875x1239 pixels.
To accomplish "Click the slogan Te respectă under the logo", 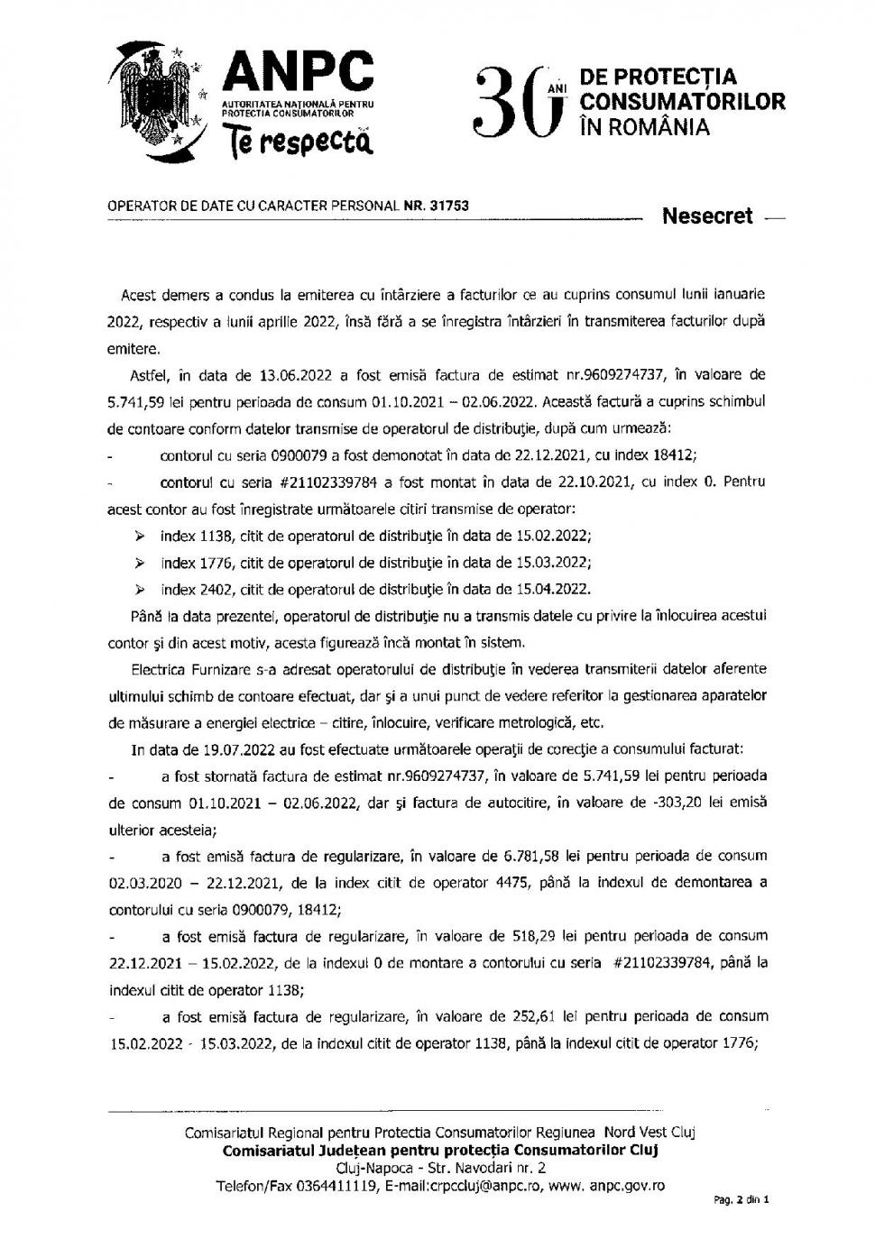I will [x=299, y=140].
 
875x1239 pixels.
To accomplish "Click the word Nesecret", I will [x=707, y=216].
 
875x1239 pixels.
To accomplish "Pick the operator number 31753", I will [x=449, y=206].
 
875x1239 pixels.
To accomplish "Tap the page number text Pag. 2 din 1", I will [x=741, y=1200].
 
